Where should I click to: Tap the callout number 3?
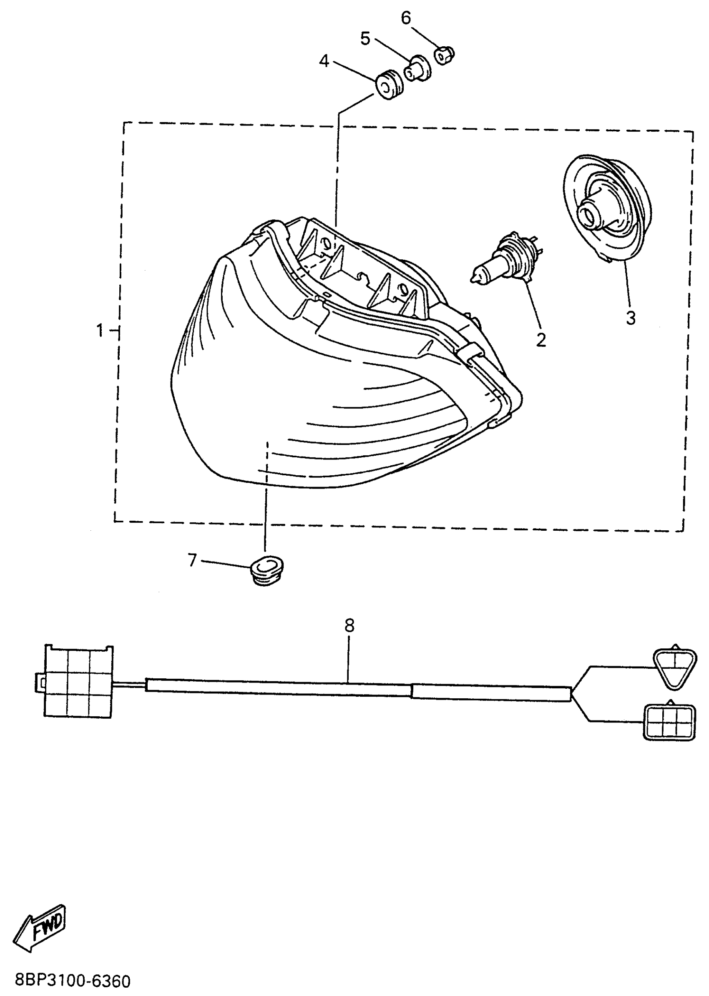point(631,318)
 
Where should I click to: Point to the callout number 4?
point(324,62)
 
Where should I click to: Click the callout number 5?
point(365,39)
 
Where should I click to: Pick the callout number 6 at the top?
point(406,19)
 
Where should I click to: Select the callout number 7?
point(193,560)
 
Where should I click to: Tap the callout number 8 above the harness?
point(349,626)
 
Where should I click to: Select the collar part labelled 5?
point(417,69)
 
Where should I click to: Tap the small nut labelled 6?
point(444,55)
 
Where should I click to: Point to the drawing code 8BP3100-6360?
point(73,981)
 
